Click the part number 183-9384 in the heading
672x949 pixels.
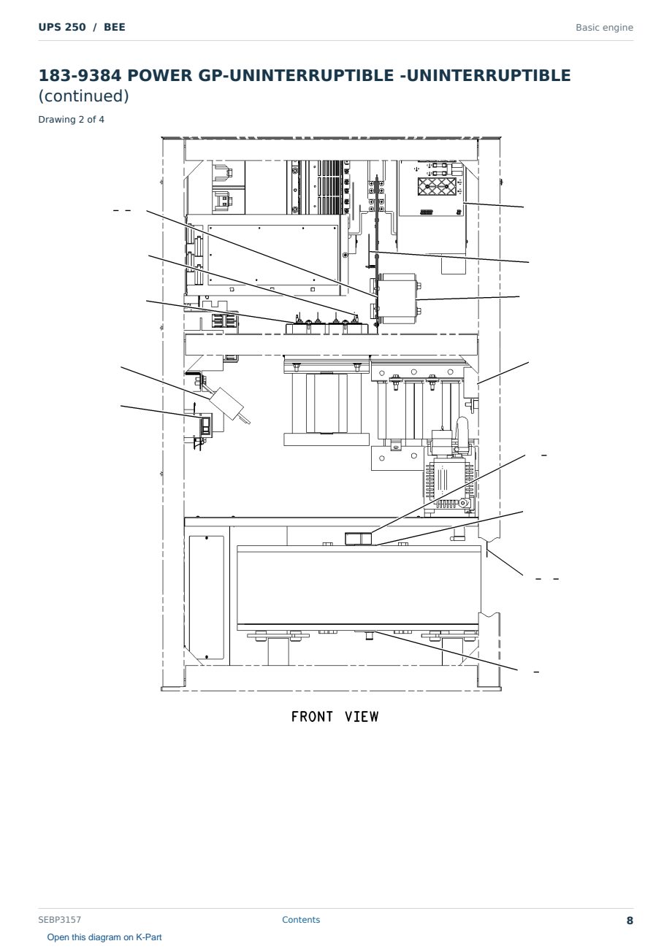click(80, 75)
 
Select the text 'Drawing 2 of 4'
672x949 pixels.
click(72, 120)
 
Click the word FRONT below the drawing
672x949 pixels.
click(312, 717)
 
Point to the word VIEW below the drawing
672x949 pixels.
click(362, 717)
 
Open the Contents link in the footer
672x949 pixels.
click(301, 919)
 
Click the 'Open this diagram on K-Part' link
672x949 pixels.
click(104, 937)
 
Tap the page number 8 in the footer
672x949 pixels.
click(630, 921)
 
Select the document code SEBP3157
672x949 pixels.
click(59, 919)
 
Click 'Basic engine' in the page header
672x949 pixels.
click(604, 28)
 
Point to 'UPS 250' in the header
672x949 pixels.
click(62, 27)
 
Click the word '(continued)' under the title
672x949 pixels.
click(83, 96)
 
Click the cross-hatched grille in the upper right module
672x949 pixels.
click(437, 186)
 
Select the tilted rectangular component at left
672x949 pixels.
click(227, 404)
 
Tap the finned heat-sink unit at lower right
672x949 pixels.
click(449, 483)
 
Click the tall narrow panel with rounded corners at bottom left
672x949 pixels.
click(207, 597)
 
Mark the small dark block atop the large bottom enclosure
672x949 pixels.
click(358, 539)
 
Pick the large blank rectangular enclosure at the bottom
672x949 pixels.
click(359, 585)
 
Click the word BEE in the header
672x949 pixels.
click(115, 27)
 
